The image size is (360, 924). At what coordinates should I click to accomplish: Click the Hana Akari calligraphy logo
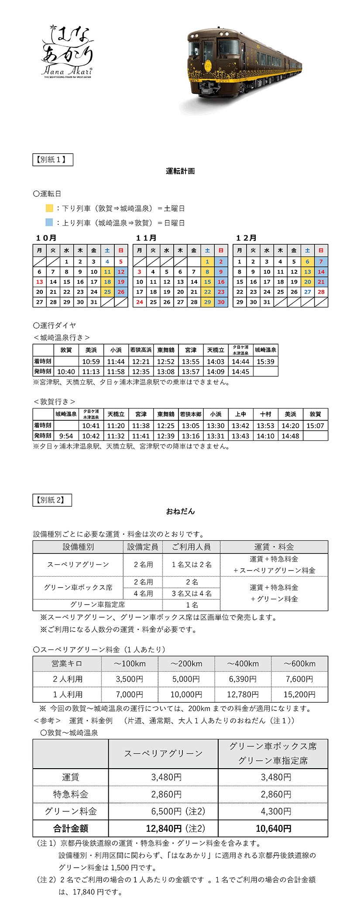tap(68, 52)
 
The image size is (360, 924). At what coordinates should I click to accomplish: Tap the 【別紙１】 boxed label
tap(53, 160)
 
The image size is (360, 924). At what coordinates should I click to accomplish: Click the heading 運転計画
tap(180, 171)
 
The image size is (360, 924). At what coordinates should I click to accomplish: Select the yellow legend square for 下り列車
tap(49, 208)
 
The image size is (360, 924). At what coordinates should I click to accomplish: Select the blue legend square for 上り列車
tap(49, 223)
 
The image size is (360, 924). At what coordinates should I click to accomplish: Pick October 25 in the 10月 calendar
tap(107, 292)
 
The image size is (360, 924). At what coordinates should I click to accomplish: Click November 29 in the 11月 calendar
tap(207, 302)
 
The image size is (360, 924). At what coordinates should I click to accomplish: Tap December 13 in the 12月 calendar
tap(308, 271)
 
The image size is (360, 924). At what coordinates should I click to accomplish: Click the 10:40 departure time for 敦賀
tap(66, 371)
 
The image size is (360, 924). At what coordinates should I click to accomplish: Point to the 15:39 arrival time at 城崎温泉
tap(265, 361)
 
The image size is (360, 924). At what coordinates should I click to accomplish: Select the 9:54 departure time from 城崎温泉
tap(66, 436)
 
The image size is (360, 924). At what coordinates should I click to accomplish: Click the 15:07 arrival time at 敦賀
tap(315, 426)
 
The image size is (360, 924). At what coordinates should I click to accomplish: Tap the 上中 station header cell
tap(240, 414)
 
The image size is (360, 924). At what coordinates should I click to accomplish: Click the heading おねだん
tap(180, 511)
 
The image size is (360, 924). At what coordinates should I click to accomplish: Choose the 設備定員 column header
tap(143, 547)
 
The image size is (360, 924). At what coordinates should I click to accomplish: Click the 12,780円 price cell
tap(243, 694)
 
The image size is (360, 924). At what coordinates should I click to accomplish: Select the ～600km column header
tap(299, 663)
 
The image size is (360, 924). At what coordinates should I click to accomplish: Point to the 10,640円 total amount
tap(273, 828)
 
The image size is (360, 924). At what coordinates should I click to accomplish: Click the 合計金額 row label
tap(71, 828)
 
